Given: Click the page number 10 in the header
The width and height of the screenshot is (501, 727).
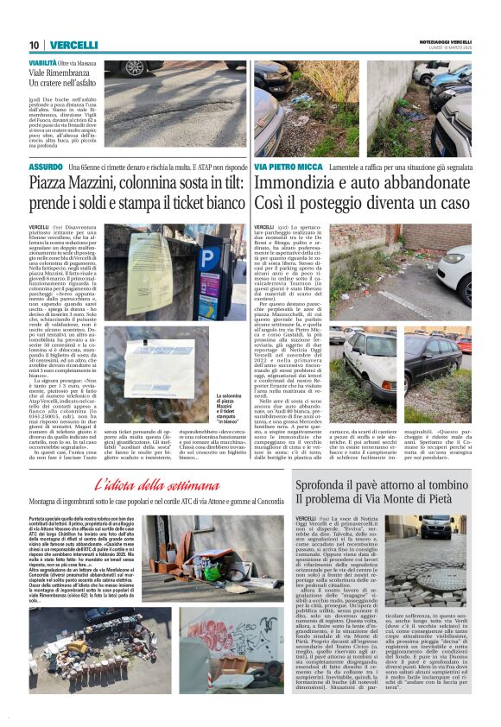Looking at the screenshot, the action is pos(34,45).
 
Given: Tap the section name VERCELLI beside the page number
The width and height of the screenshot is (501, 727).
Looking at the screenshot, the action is pos(73,45).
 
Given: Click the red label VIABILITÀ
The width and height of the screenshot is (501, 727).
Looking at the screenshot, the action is pos(42,64).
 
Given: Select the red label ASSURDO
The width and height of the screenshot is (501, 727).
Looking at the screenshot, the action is pos(45,166).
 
